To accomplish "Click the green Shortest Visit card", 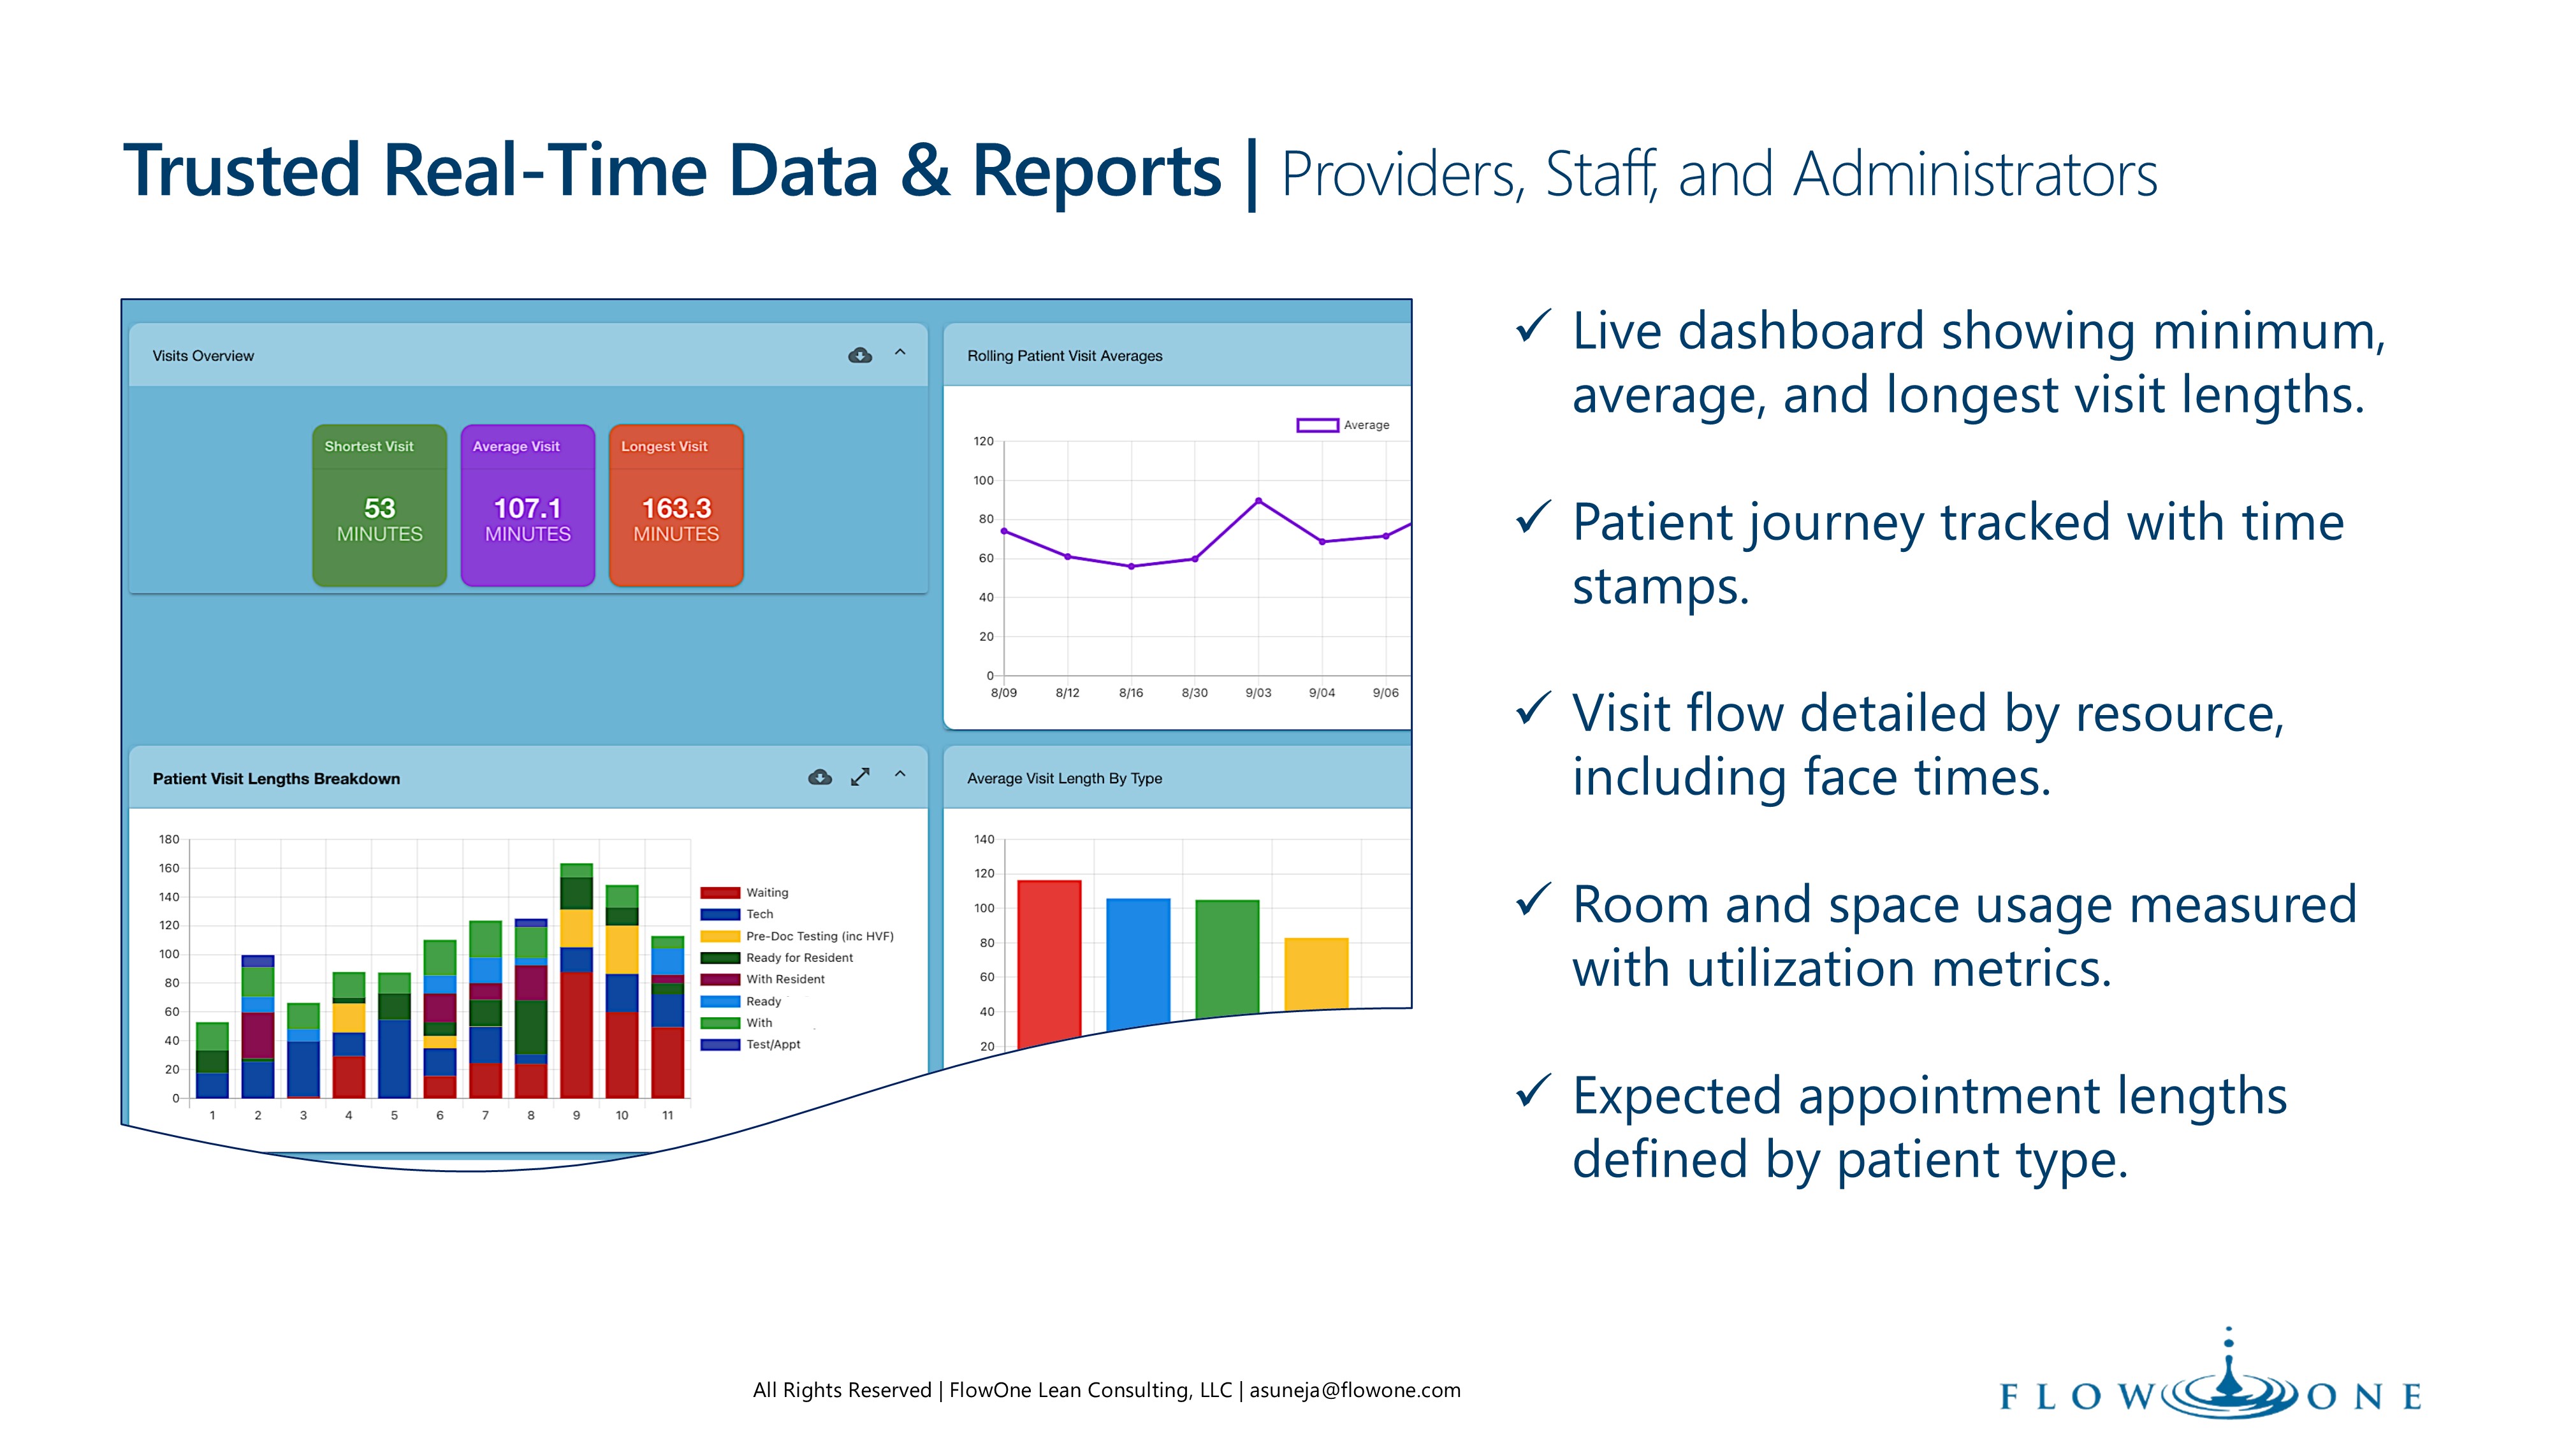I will coord(379,505).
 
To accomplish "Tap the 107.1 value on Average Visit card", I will coord(528,509).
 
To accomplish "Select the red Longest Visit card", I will coord(676,505).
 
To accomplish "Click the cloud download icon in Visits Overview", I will coord(860,355).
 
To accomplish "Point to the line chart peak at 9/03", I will coord(1258,501).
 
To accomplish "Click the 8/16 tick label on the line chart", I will coord(1130,693).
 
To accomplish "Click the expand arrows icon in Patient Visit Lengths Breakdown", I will coord(860,778).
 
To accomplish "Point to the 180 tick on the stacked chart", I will coord(170,839).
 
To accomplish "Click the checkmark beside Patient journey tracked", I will coord(1533,519).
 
